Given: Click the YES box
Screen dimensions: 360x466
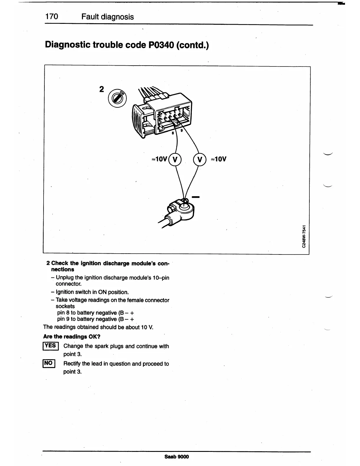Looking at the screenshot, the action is click(51, 346).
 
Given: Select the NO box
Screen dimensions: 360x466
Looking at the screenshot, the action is click(49, 363).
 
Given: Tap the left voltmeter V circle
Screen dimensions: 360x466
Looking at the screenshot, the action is click(175, 159).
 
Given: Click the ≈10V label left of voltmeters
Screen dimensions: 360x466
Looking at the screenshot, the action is click(159, 159).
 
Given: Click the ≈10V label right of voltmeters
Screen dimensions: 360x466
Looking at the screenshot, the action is click(219, 159).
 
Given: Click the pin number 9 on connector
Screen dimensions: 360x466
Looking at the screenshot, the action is click(181, 131).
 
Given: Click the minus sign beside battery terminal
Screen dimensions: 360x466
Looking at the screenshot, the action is click(196, 197).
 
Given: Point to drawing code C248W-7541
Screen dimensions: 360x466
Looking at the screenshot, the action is click(305, 236).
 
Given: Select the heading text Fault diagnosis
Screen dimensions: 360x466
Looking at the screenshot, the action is click(108, 17).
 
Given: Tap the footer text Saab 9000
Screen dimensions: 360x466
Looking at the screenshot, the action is click(177, 457).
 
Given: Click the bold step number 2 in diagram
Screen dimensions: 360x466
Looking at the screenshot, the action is click(101, 89).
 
